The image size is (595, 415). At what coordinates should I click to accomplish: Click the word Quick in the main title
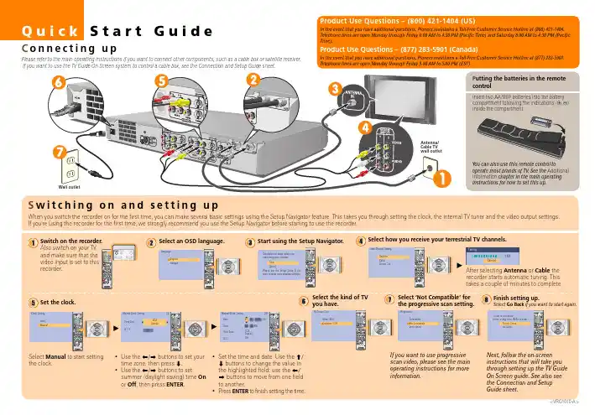[39, 33]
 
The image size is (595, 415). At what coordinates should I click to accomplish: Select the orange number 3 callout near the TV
[333, 90]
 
